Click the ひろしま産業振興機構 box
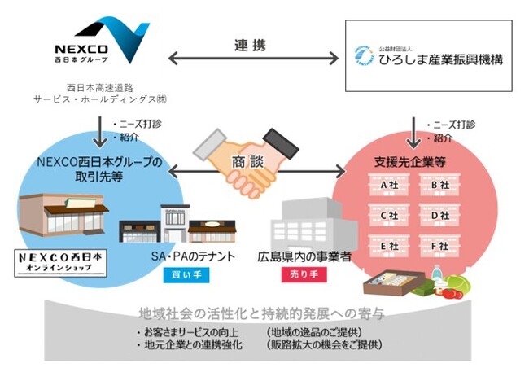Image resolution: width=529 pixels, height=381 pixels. click(429, 56)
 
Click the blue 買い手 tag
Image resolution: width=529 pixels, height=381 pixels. click(181, 276)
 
